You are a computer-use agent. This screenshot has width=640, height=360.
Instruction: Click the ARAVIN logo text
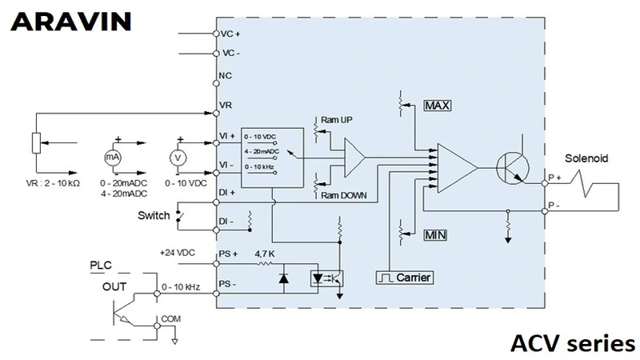pyautogui.click(x=70, y=22)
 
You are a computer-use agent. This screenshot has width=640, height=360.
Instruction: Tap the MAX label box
pyautogui.click(x=438, y=106)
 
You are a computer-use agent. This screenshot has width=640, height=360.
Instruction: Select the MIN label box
pyautogui.click(x=435, y=235)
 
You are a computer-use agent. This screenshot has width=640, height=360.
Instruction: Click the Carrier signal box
pyautogui.click(x=404, y=278)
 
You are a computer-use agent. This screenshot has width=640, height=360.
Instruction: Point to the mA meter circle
pyautogui.click(x=113, y=157)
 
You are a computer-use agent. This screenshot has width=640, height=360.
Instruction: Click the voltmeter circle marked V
pyautogui.click(x=178, y=158)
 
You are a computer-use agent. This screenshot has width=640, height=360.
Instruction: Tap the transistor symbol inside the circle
pyautogui.click(x=513, y=167)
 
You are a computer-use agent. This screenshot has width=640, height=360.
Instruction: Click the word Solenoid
pyautogui.click(x=586, y=158)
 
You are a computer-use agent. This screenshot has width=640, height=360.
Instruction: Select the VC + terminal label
pyautogui.click(x=230, y=34)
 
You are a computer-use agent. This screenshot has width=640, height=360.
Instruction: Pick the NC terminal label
pyautogui.click(x=225, y=75)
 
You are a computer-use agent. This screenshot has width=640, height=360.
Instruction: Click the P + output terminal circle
pyautogui.click(x=545, y=183)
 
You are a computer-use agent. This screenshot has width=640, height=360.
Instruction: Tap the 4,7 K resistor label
pyautogui.click(x=265, y=254)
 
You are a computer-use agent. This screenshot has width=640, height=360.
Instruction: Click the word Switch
pyautogui.click(x=154, y=215)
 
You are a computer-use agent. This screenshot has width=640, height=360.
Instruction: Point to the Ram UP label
pyautogui.click(x=336, y=119)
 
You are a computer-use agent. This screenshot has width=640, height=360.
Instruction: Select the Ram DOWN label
pyautogui.click(x=344, y=195)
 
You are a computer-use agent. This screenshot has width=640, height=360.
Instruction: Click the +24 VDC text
pyautogui.click(x=177, y=253)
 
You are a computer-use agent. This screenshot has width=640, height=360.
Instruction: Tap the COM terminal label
pyautogui.click(x=170, y=318)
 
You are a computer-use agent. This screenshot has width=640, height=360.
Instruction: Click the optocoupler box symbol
pyautogui.click(x=327, y=278)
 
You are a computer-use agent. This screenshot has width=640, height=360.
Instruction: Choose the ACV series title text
pyautogui.click(x=573, y=343)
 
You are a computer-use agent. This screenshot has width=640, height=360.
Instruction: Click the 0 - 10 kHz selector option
pyautogui.click(x=259, y=167)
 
